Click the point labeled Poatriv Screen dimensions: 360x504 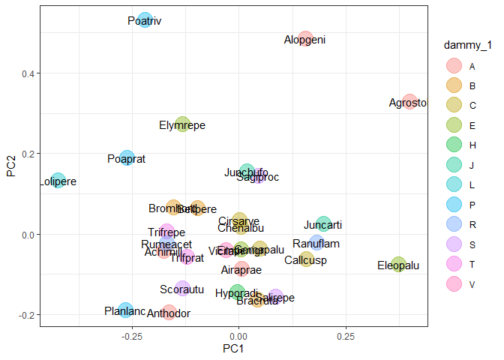145,20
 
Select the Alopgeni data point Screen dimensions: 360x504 304,39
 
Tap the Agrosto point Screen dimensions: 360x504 409,102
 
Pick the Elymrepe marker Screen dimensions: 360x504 182,124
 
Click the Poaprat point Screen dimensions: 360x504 127,158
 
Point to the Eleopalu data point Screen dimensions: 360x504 398,265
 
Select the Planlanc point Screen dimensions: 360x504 125,310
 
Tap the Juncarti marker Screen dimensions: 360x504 323,224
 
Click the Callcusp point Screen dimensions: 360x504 304,259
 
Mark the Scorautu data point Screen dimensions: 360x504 182,289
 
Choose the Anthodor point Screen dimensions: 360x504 169,313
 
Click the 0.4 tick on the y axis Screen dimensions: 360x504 24,73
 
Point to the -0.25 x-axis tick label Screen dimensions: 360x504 132,337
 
